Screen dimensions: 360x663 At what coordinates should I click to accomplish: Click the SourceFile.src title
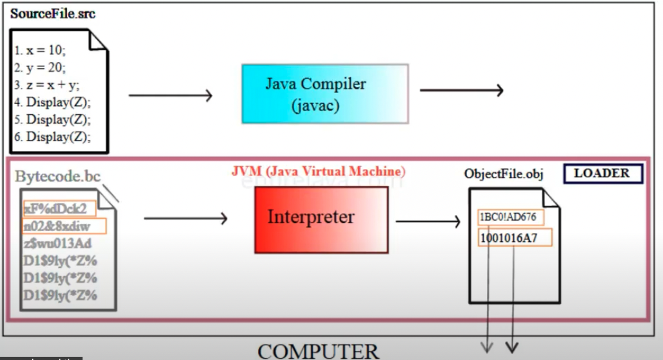tap(53, 14)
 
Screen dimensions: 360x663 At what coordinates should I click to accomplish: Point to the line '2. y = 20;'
tap(40, 68)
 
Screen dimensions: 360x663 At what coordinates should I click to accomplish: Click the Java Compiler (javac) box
tap(324, 94)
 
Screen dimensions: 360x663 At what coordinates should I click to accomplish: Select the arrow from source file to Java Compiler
tap(170, 96)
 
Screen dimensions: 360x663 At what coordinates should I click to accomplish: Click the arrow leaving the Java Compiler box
tap(461, 90)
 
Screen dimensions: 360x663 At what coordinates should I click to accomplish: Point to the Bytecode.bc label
tap(58, 177)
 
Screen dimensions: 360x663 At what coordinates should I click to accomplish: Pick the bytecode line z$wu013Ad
tap(57, 243)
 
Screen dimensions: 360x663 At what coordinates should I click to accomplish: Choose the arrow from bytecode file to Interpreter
tap(186, 219)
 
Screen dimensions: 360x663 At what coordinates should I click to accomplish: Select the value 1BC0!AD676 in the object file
tap(508, 217)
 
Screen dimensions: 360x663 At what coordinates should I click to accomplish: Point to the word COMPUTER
tap(319, 351)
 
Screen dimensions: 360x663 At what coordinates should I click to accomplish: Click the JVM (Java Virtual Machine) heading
tap(319, 172)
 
